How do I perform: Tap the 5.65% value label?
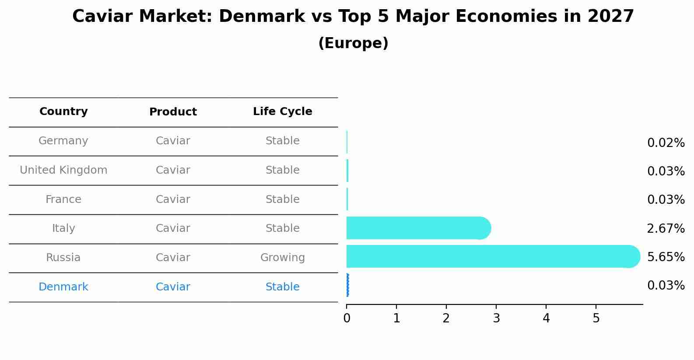[x=666, y=257]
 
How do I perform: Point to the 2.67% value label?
[x=666, y=228]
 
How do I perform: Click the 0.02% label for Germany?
[x=666, y=143]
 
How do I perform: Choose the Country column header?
[x=63, y=112]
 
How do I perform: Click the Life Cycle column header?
[x=282, y=112]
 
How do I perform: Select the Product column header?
[x=173, y=112]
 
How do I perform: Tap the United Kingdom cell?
[x=63, y=170]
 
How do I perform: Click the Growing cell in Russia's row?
[x=282, y=258]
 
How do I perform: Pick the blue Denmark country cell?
[x=63, y=287]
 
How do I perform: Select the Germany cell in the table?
[x=63, y=141]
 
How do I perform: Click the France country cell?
[x=63, y=199]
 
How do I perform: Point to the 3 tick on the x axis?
[x=496, y=318]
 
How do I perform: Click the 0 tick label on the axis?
[x=347, y=318]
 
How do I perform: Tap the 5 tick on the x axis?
[x=596, y=318]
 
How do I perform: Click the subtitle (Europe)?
[x=353, y=43]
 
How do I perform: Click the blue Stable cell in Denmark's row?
[x=282, y=287]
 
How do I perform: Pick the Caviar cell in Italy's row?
[x=173, y=228]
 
